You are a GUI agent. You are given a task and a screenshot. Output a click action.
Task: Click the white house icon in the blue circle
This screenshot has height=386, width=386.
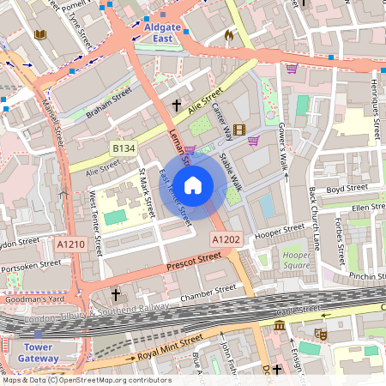click(x=193, y=184)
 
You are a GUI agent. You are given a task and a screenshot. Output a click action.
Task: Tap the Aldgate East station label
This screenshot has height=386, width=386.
click(x=162, y=33)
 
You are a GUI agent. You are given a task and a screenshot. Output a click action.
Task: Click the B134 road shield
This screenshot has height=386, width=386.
click(x=123, y=148)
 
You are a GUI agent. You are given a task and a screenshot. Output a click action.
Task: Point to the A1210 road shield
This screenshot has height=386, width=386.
click(x=70, y=245)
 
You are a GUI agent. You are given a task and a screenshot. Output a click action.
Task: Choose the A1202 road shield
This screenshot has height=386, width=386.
click(x=224, y=238)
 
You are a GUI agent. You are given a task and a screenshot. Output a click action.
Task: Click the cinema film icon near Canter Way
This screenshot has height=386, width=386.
click(x=238, y=130)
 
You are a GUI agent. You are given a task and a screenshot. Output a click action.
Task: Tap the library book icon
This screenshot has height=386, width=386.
click(x=39, y=35)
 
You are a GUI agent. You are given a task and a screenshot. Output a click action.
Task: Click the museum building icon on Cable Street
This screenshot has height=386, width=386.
click(x=279, y=326)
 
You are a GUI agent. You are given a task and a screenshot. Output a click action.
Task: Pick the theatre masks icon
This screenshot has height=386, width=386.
click(x=321, y=333)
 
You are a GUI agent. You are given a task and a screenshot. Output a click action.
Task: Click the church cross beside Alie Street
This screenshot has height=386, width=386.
click(x=177, y=106)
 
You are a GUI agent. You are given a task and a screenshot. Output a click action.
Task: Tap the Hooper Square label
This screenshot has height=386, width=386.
click(x=297, y=260)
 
